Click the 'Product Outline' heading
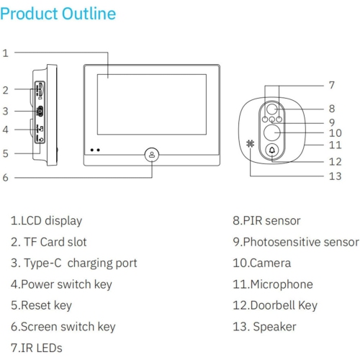click(x=58, y=14)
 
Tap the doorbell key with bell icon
click(x=272, y=150)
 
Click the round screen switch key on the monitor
click(x=152, y=155)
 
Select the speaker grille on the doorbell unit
click(x=250, y=143)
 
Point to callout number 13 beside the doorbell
click(x=335, y=176)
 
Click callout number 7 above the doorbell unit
click(x=332, y=85)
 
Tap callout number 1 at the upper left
click(x=5, y=53)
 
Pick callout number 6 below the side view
click(x=5, y=178)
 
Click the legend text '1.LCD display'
click(x=46, y=221)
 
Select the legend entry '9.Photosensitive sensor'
click(x=296, y=242)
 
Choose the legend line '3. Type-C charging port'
click(x=73, y=264)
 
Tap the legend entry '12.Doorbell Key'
click(x=275, y=305)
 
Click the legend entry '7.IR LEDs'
click(x=37, y=348)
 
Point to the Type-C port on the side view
click(x=40, y=111)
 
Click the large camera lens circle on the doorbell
click(x=272, y=132)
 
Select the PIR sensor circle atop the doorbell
click(x=272, y=109)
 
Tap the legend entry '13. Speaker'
click(x=264, y=327)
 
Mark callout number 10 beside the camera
click(x=335, y=133)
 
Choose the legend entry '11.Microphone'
click(x=273, y=284)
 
